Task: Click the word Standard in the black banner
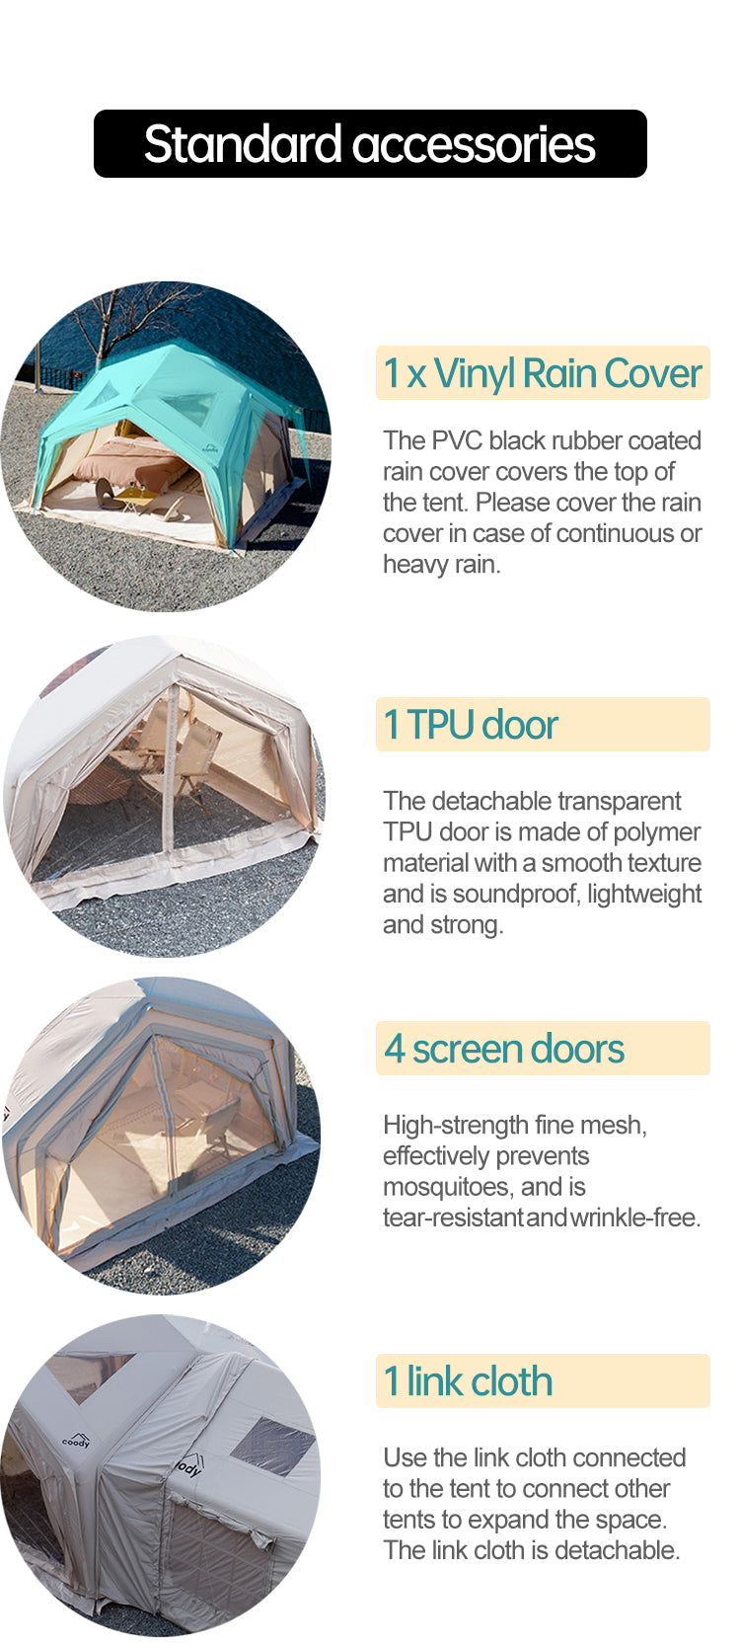pos(243,143)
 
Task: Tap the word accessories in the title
pos(474,145)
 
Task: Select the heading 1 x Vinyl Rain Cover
pos(543,372)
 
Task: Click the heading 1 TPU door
pos(471,724)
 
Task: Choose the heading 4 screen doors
pos(503,1049)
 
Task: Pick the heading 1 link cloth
pos(468,1380)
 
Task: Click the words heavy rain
pos(441,564)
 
